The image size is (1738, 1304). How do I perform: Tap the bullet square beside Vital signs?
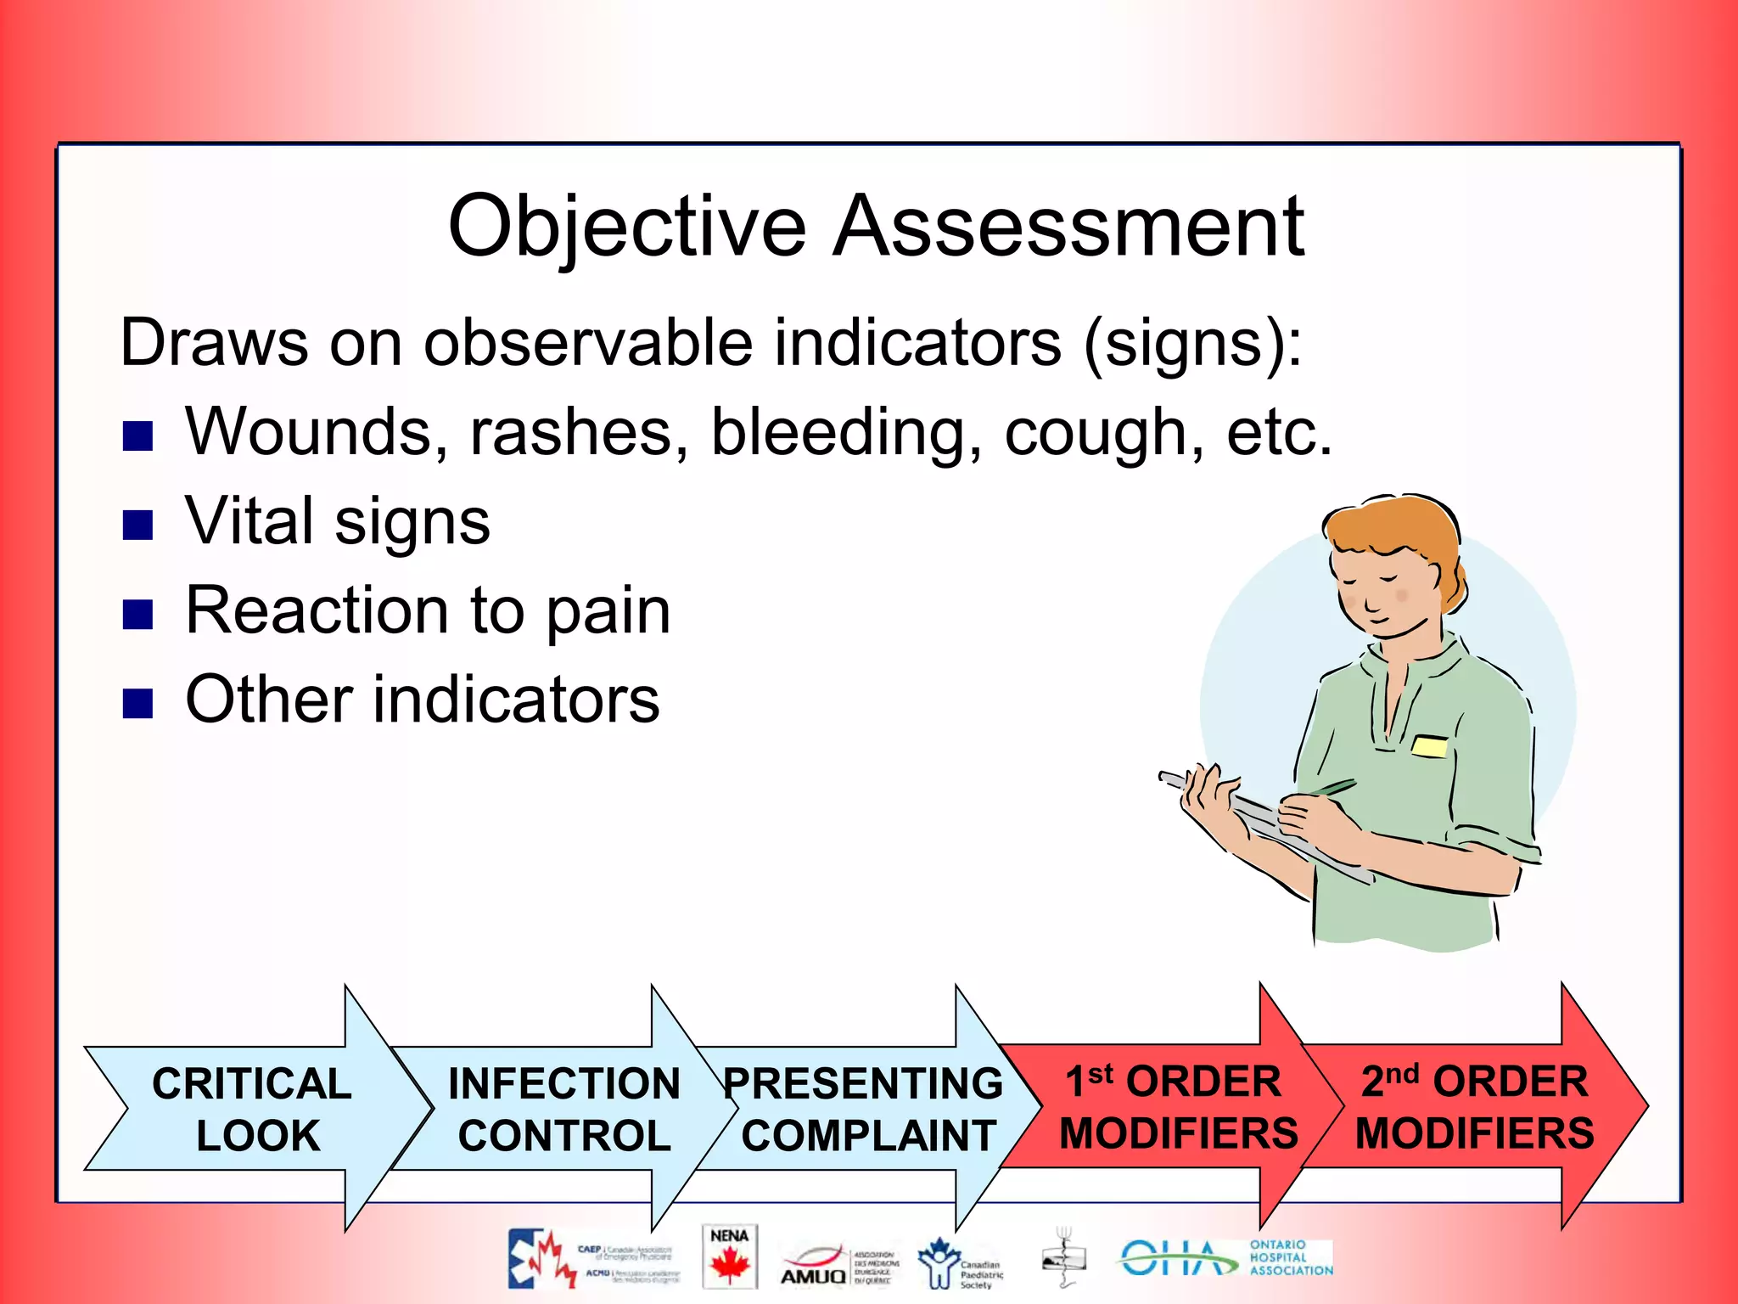pyautogui.click(x=137, y=524)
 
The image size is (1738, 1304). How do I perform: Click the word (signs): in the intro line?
pyautogui.click(x=1192, y=343)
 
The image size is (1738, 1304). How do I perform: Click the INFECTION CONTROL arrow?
pyautogui.click(x=563, y=1109)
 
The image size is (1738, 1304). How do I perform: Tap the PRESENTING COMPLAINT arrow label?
pyautogui.click(x=866, y=1109)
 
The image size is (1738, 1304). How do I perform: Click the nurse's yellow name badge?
pyautogui.click(x=1430, y=746)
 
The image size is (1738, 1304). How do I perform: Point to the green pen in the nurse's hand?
pyautogui.click(x=1328, y=789)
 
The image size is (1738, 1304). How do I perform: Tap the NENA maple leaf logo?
pyautogui.click(x=729, y=1257)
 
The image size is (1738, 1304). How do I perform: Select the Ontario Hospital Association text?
pyautogui.click(x=1290, y=1257)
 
